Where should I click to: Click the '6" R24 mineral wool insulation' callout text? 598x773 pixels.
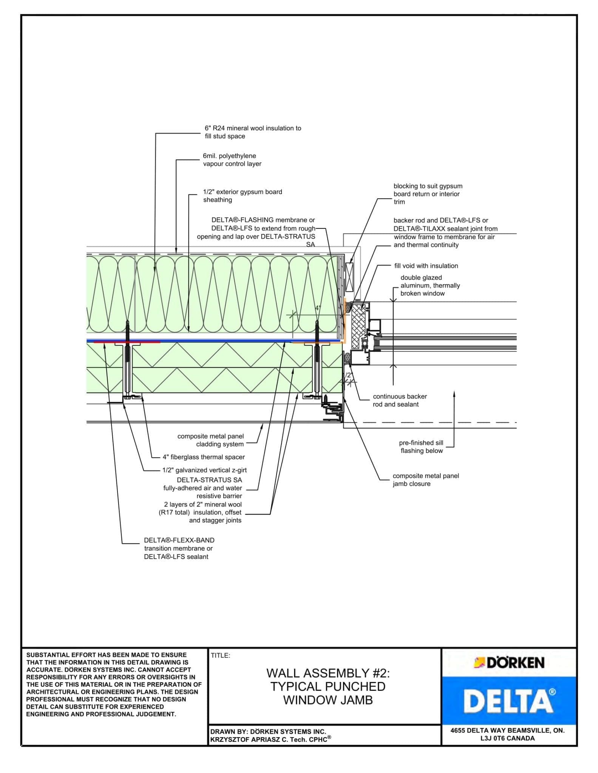(x=253, y=132)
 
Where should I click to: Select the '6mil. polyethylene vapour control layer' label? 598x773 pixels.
(x=232, y=160)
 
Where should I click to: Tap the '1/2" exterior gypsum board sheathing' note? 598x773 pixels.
(x=242, y=196)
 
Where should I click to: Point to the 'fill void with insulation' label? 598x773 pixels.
(x=426, y=266)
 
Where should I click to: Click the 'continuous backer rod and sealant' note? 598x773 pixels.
(x=399, y=400)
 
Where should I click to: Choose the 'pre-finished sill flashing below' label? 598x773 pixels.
(x=421, y=447)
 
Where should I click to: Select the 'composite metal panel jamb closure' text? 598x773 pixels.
(x=425, y=480)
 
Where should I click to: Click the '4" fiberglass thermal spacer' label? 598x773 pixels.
(x=204, y=457)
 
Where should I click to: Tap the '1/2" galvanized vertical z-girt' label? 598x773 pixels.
(x=204, y=470)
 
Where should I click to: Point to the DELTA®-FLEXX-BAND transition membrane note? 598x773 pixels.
(x=179, y=548)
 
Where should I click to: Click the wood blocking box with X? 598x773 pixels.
(x=349, y=277)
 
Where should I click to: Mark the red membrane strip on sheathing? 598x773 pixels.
(x=127, y=342)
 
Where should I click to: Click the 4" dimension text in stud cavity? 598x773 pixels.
(x=318, y=308)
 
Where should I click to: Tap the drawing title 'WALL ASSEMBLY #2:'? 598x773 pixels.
(x=328, y=673)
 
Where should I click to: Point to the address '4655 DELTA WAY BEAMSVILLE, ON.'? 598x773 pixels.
(x=507, y=730)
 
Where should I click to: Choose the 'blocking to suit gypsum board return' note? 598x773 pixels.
(x=427, y=194)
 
